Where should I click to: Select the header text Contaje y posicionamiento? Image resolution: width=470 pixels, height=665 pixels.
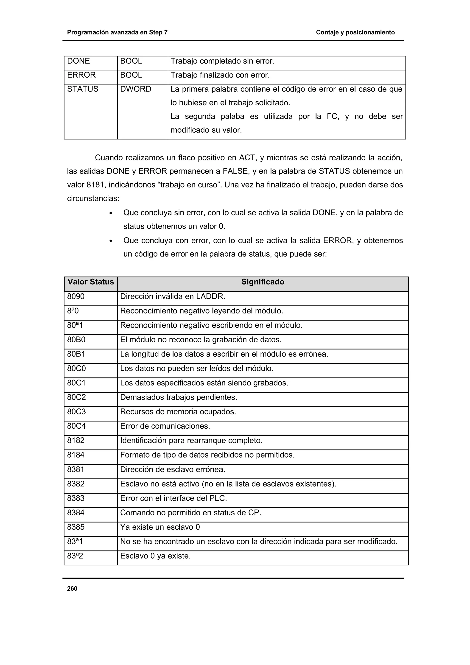click(355, 32)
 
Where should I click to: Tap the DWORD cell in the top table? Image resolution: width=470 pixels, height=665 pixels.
click(136, 89)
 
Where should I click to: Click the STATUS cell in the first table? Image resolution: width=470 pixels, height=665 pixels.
click(83, 89)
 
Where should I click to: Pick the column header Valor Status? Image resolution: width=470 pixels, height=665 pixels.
click(91, 282)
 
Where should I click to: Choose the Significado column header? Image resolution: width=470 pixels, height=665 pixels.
click(263, 282)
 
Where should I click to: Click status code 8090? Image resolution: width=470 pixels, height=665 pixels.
click(76, 296)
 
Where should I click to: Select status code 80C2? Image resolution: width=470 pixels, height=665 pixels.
click(76, 397)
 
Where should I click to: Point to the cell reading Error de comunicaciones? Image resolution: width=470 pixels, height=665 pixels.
click(165, 426)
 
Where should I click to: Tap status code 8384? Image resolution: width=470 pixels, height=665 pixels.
click(76, 513)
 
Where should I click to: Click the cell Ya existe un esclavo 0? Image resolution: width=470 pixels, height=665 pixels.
click(160, 527)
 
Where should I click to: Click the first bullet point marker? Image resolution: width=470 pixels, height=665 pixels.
click(111, 213)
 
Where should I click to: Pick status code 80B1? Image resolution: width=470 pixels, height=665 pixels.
click(76, 354)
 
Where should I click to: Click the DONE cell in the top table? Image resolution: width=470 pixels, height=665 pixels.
click(78, 61)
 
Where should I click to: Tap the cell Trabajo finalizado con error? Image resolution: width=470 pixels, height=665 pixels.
click(220, 75)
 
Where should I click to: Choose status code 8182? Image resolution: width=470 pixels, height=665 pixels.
click(76, 441)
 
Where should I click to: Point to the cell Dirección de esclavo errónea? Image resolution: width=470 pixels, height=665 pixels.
click(173, 469)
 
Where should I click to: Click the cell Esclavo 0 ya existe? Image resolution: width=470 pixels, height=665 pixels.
click(156, 556)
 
